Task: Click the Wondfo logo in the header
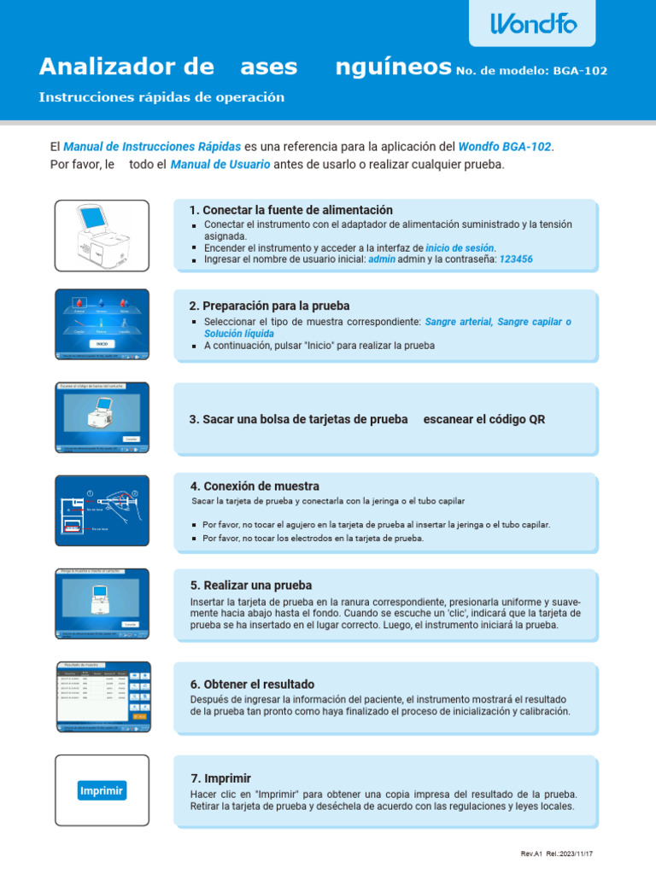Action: click(533, 24)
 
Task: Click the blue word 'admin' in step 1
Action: click(381, 259)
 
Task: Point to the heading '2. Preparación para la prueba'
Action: click(269, 306)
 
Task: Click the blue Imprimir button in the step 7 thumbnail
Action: click(102, 790)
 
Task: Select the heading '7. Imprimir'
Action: click(220, 778)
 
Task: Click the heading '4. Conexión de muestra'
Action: click(255, 486)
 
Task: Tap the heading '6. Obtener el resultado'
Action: click(252, 684)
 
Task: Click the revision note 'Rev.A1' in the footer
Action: click(532, 854)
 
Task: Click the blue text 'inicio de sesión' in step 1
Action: click(460, 248)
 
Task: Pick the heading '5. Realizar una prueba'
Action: click(251, 586)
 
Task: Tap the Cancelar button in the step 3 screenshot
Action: click(130, 439)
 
